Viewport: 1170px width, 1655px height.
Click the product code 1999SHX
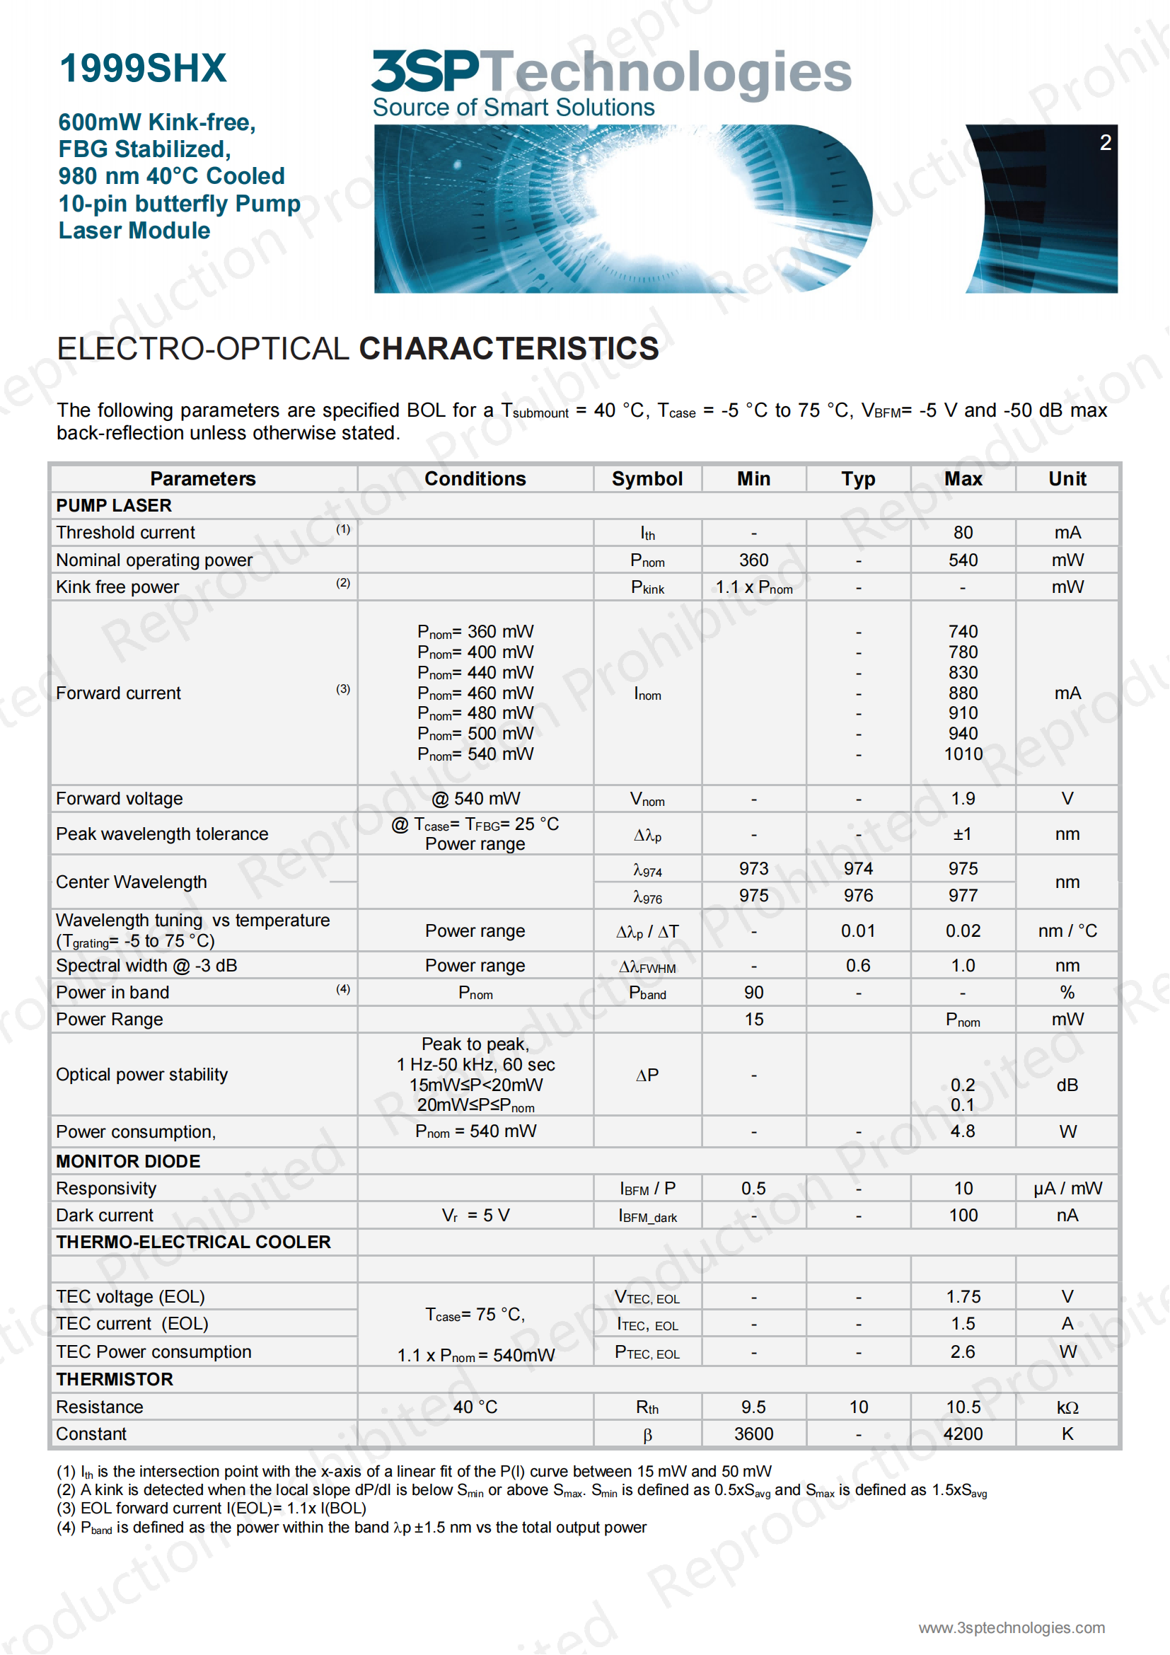pyautogui.click(x=143, y=69)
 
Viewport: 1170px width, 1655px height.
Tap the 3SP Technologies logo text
pyautogui.click(x=611, y=72)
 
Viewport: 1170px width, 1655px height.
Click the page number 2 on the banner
pyautogui.click(x=1105, y=143)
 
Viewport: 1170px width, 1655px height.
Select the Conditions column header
pyautogui.click(x=475, y=478)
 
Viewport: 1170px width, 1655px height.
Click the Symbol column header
pyautogui.click(x=647, y=478)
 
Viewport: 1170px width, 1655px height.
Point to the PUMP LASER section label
pyautogui.click(x=114, y=505)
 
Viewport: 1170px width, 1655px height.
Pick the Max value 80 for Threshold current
pyautogui.click(x=963, y=533)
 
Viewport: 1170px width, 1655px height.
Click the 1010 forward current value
pyautogui.click(x=963, y=754)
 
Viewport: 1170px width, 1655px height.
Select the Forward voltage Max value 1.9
pyautogui.click(x=963, y=799)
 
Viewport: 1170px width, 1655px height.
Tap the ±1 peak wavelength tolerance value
pyautogui.click(x=963, y=834)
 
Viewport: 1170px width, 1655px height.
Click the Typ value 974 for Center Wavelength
pyautogui.click(x=858, y=869)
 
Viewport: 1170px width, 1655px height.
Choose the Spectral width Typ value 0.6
pyautogui.click(x=858, y=965)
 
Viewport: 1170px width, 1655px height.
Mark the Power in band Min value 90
pyautogui.click(x=753, y=993)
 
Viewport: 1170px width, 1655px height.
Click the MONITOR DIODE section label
pyautogui.click(x=128, y=1161)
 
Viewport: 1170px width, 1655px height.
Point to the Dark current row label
pyautogui.click(x=105, y=1216)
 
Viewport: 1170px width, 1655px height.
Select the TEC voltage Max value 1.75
pyautogui.click(x=963, y=1297)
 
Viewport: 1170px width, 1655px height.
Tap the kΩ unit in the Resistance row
pyautogui.click(x=1067, y=1407)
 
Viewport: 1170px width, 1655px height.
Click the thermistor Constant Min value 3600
pyautogui.click(x=753, y=1434)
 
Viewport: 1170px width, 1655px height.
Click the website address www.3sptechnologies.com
pyautogui.click(x=1011, y=1627)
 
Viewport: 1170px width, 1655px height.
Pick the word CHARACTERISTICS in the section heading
pyautogui.click(x=509, y=349)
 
